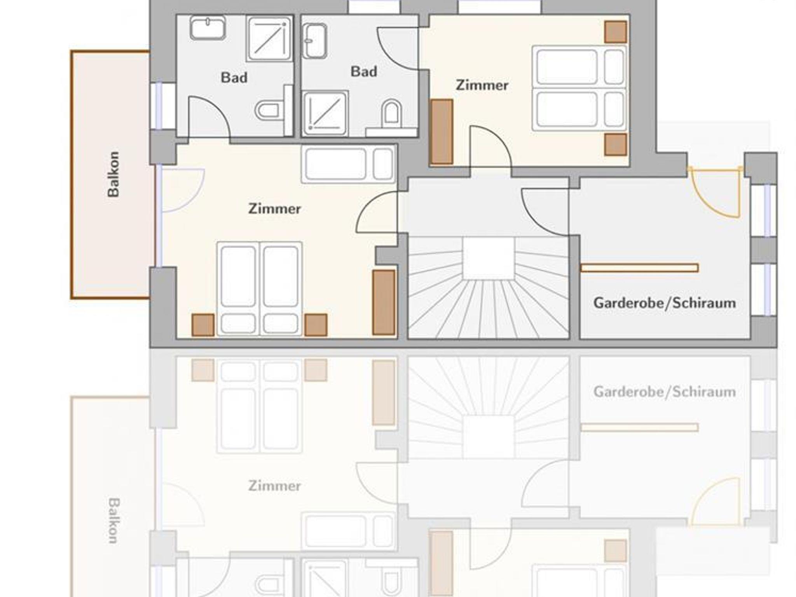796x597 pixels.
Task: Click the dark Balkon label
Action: coord(113,174)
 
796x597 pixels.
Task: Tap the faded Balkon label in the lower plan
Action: coord(113,521)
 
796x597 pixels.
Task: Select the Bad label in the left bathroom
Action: coord(234,78)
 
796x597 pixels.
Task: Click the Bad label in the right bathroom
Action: coord(364,71)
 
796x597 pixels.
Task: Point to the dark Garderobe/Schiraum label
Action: coord(665,303)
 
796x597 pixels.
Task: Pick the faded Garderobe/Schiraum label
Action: coord(665,392)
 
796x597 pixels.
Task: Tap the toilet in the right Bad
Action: coord(391,113)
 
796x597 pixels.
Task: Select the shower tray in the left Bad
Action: coord(269,38)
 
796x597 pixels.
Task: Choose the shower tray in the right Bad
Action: coord(325,113)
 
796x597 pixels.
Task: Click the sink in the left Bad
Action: coord(208,28)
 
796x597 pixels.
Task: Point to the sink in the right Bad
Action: coord(315,41)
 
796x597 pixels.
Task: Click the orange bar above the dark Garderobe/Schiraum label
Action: coord(640,268)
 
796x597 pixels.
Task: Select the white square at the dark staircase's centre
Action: coord(489,258)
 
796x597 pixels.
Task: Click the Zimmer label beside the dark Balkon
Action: coord(275,209)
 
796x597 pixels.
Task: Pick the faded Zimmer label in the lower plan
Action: coord(275,486)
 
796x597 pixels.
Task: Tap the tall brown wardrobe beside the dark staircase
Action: coord(384,302)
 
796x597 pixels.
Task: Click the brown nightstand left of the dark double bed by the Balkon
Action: coord(203,325)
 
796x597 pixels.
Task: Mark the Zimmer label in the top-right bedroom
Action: coord(482,85)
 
